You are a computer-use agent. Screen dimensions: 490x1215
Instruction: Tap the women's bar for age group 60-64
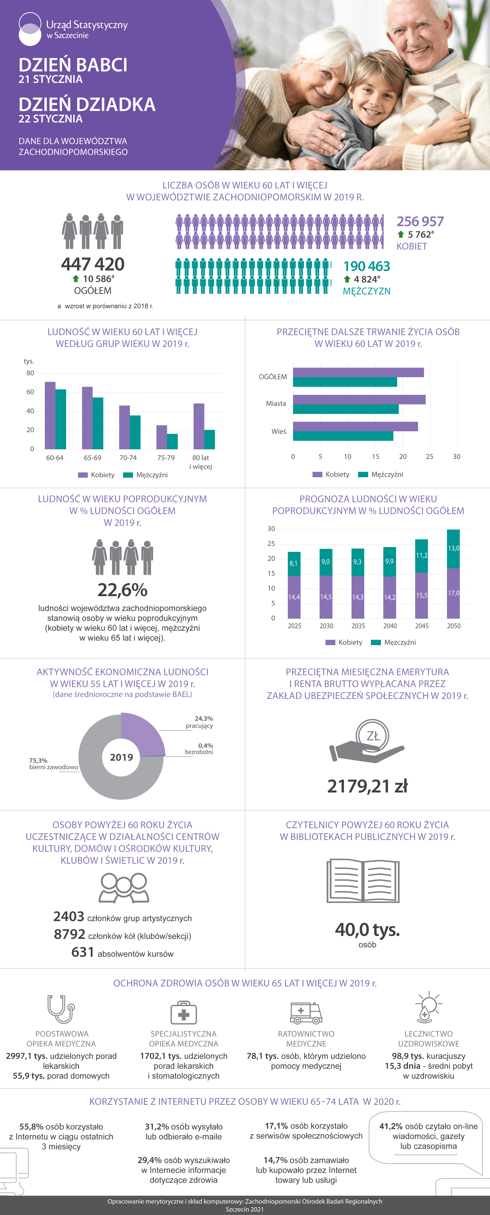click(50, 415)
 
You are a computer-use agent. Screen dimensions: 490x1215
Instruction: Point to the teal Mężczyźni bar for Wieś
click(343, 436)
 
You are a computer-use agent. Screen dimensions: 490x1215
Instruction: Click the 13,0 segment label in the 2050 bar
click(453, 548)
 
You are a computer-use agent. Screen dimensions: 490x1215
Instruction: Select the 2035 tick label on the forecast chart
click(358, 626)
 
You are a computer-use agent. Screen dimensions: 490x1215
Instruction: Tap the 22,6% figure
click(122, 590)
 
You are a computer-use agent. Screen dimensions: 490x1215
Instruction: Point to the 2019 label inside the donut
click(122, 757)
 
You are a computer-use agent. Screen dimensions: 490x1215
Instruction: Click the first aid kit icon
click(183, 1012)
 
